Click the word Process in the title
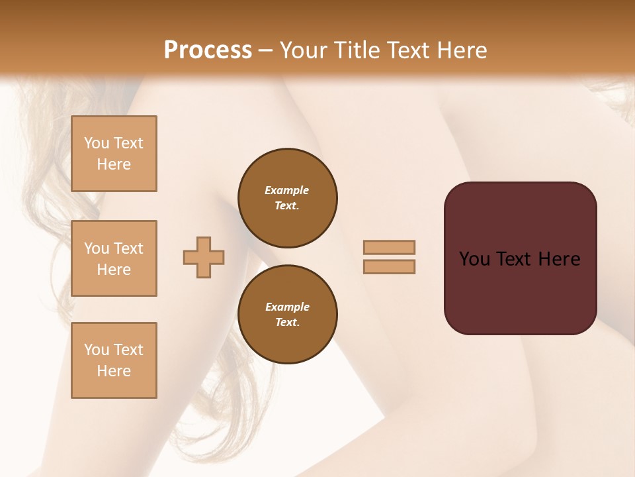(x=208, y=50)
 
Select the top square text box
(x=114, y=154)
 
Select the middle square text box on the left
(x=114, y=258)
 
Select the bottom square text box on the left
(x=114, y=360)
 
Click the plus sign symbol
(x=204, y=257)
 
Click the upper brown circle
(x=287, y=198)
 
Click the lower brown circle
(x=287, y=315)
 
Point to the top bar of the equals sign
(x=390, y=247)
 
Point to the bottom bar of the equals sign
(x=390, y=267)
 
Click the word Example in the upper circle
(x=286, y=190)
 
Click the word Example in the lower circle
(x=287, y=307)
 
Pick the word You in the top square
(x=96, y=143)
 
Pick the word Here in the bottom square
(x=114, y=371)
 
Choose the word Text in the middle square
(x=128, y=248)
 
